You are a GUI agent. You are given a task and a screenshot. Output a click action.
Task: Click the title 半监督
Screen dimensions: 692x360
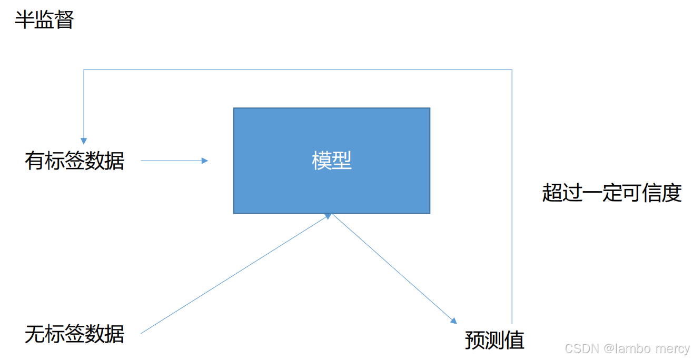tap(44, 21)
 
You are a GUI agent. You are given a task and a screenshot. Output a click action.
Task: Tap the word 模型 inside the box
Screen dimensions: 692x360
tap(331, 161)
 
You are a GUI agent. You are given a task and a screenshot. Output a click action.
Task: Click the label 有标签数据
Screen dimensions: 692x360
tap(74, 161)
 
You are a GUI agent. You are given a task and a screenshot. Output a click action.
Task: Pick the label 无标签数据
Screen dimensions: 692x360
tap(74, 334)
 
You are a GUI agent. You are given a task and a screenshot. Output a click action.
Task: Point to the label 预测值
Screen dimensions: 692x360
tap(495, 340)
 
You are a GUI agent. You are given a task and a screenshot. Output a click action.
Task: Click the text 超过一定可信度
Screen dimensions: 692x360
tap(612, 193)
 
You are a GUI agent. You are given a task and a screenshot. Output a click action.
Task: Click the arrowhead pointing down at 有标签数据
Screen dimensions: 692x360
tap(83, 141)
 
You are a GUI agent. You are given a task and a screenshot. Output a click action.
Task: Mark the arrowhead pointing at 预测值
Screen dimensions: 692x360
tap(453, 320)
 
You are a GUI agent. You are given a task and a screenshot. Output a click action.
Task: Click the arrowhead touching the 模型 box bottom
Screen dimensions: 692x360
tap(328, 216)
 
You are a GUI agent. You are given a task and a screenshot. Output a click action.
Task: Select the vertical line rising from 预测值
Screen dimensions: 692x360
tap(512, 211)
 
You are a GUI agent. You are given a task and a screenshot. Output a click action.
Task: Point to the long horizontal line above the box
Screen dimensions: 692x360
tap(298, 69)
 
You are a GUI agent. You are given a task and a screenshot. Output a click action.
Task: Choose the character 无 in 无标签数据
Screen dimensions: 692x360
tap(34, 334)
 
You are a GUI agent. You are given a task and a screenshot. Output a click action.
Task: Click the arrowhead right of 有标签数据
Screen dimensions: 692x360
tap(205, 161)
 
